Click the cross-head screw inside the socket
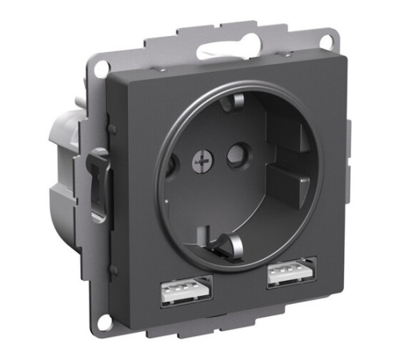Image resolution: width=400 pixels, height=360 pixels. tap(198, 162)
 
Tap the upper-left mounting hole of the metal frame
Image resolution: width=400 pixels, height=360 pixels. tap(99, 69)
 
